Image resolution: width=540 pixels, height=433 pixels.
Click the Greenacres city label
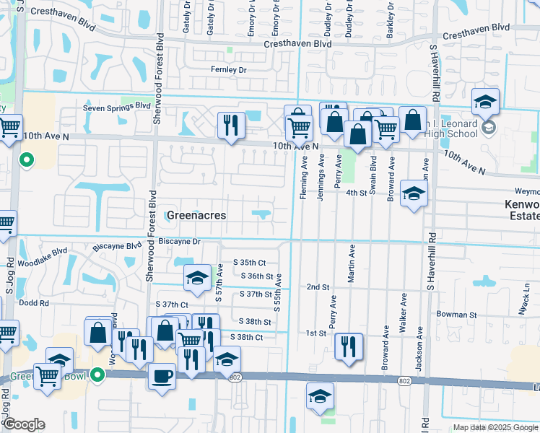pos(196,216)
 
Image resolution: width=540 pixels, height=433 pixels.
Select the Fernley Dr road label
pos(228,70)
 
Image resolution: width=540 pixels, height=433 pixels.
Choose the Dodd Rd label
pos(33,303)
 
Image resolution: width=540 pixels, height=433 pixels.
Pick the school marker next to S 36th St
pos(197,279)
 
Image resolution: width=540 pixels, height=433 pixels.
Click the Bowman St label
pos(457,315)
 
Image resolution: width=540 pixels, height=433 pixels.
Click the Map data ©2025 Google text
pos(495,427)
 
